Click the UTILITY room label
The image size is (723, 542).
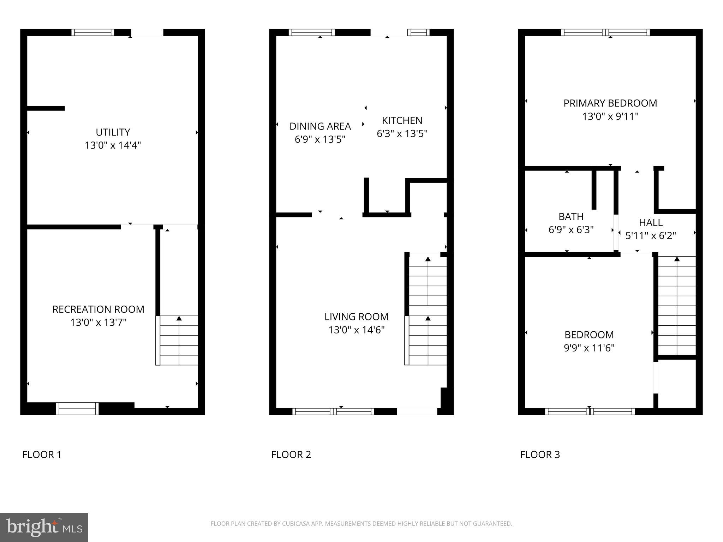pyautogui.click(x=113, y=132)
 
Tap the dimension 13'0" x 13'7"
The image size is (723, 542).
pyautogui.click(x=98, y=323)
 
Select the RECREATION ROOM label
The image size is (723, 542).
pyautogui.click(x=98, y=309)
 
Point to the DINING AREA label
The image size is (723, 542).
pyautogui.click(x=320, y=126)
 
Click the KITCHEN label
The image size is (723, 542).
pyautogui.click(x=402, y=121)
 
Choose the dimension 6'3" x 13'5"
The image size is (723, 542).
pyautogui.click(x=402, y=134)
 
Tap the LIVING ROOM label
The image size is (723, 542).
pyautogui.click(x=356, y=317)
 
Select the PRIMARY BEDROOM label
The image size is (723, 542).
pyautogui.click(x=610, y=103)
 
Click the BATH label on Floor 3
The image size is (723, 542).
pyautogui.click(x=571, y=217)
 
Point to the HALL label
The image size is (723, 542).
pyautogui.click(x=650, y=223)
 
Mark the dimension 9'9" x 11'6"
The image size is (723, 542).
pyautogui.click(x=589, y=348)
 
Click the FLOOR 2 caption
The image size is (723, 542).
pyautogui.click(x=291, y=454)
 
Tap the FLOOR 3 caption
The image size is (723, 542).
pyautogui.click(x=540, y=454)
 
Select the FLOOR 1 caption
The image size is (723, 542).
pyautogui.click(x=42, y=454)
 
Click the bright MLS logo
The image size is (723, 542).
pyautogui.click(x=44, y=527)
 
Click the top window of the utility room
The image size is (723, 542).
pyautogui.click(x=93, y=32)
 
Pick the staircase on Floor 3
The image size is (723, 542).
pyautogui.click(x=676, y=305)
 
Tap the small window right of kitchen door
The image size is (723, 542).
pyautogui.click(x=418, y=32)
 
